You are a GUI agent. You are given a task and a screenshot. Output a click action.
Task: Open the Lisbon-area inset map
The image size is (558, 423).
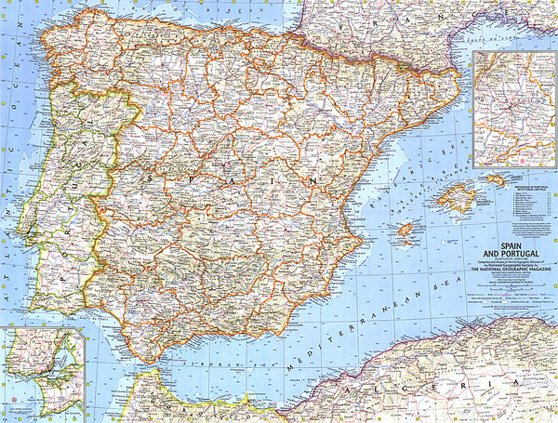[x=42, y=372]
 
